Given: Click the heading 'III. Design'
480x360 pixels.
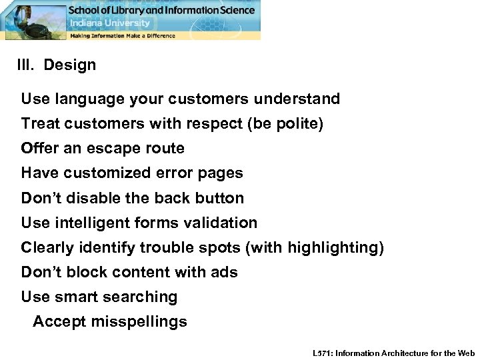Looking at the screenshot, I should tap(57, 65).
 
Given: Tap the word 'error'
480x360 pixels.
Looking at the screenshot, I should tap(173, 173).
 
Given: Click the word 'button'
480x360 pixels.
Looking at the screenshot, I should tap(220, 198).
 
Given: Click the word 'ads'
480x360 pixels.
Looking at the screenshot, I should tap(225, 272).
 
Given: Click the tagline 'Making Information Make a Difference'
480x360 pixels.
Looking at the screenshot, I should tap(123, 35).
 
